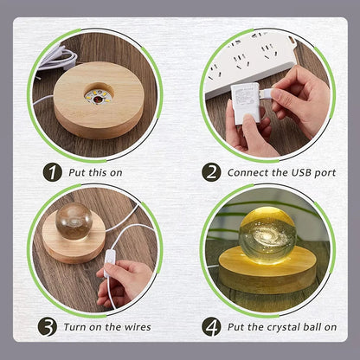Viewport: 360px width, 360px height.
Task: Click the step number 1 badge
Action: click(53, 172)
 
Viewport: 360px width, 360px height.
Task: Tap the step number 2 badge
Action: click(211, 172)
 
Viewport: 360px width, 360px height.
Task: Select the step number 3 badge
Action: click(48, 327)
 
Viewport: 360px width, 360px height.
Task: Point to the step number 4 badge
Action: click(211, 327)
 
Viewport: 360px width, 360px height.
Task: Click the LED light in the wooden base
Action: click(99, 96)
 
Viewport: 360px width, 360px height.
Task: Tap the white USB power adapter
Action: click(245, 103)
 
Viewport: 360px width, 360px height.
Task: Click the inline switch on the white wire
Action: click(109, 263)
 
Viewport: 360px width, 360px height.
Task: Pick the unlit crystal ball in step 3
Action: click(74, 221)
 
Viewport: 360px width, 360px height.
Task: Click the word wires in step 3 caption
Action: click(138, 327)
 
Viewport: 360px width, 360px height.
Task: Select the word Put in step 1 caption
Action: click(77, 172)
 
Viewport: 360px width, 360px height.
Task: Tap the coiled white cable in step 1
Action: click(58, 58)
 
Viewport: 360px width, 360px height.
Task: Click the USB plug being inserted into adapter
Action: click(265, 93)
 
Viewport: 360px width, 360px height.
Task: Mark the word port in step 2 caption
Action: click(325, 173)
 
